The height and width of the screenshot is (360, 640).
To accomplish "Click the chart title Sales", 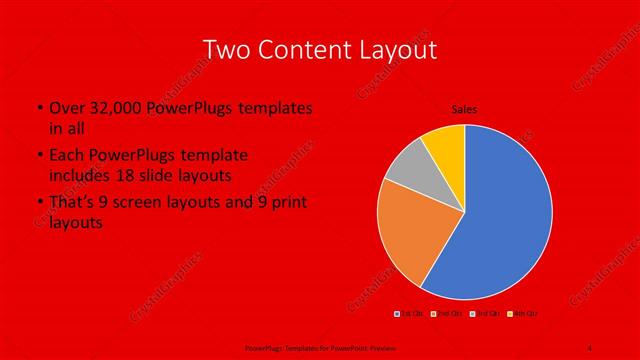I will [x=464, y=109].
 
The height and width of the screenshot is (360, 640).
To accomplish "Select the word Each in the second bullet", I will [x=66, y=156].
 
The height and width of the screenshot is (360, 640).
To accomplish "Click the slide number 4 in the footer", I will [x=589, y=347].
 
